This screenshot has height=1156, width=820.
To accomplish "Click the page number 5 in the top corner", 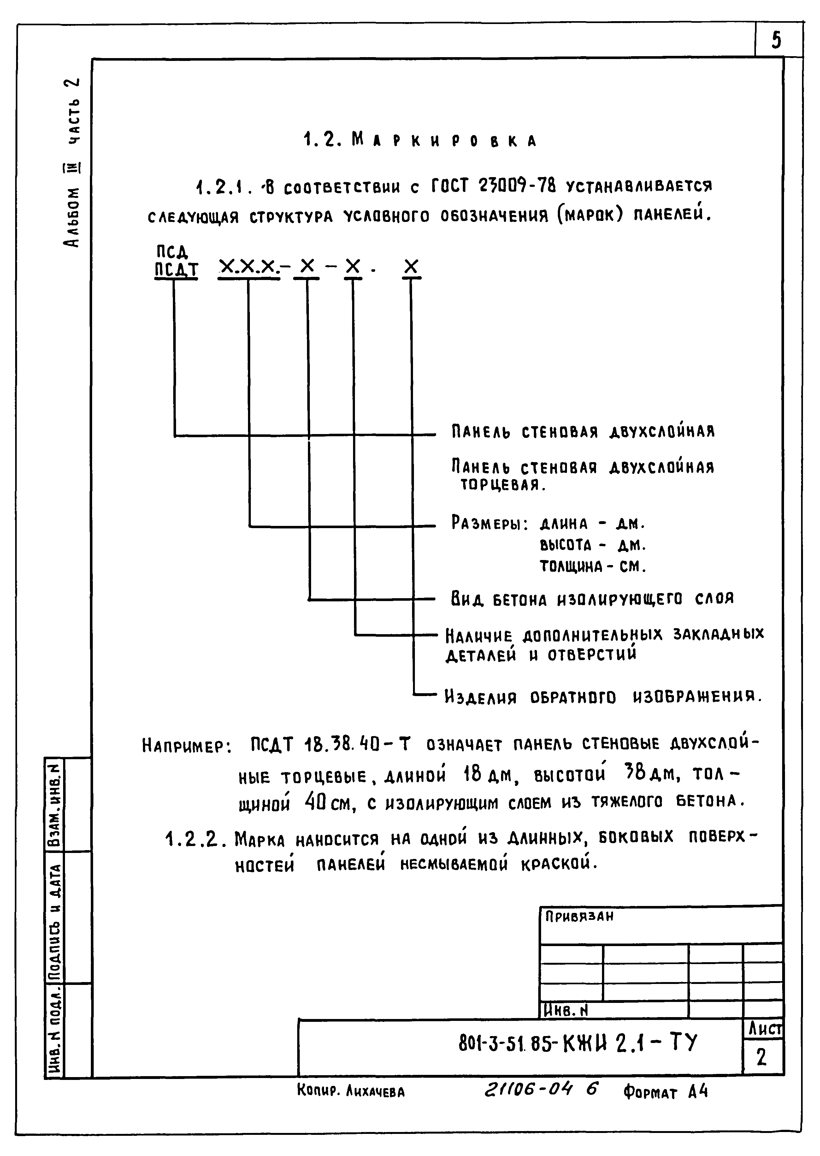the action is pos(776,40).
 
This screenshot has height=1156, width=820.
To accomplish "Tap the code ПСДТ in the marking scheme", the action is pos(176,269).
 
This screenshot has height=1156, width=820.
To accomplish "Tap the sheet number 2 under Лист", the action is pos(762,1057).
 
